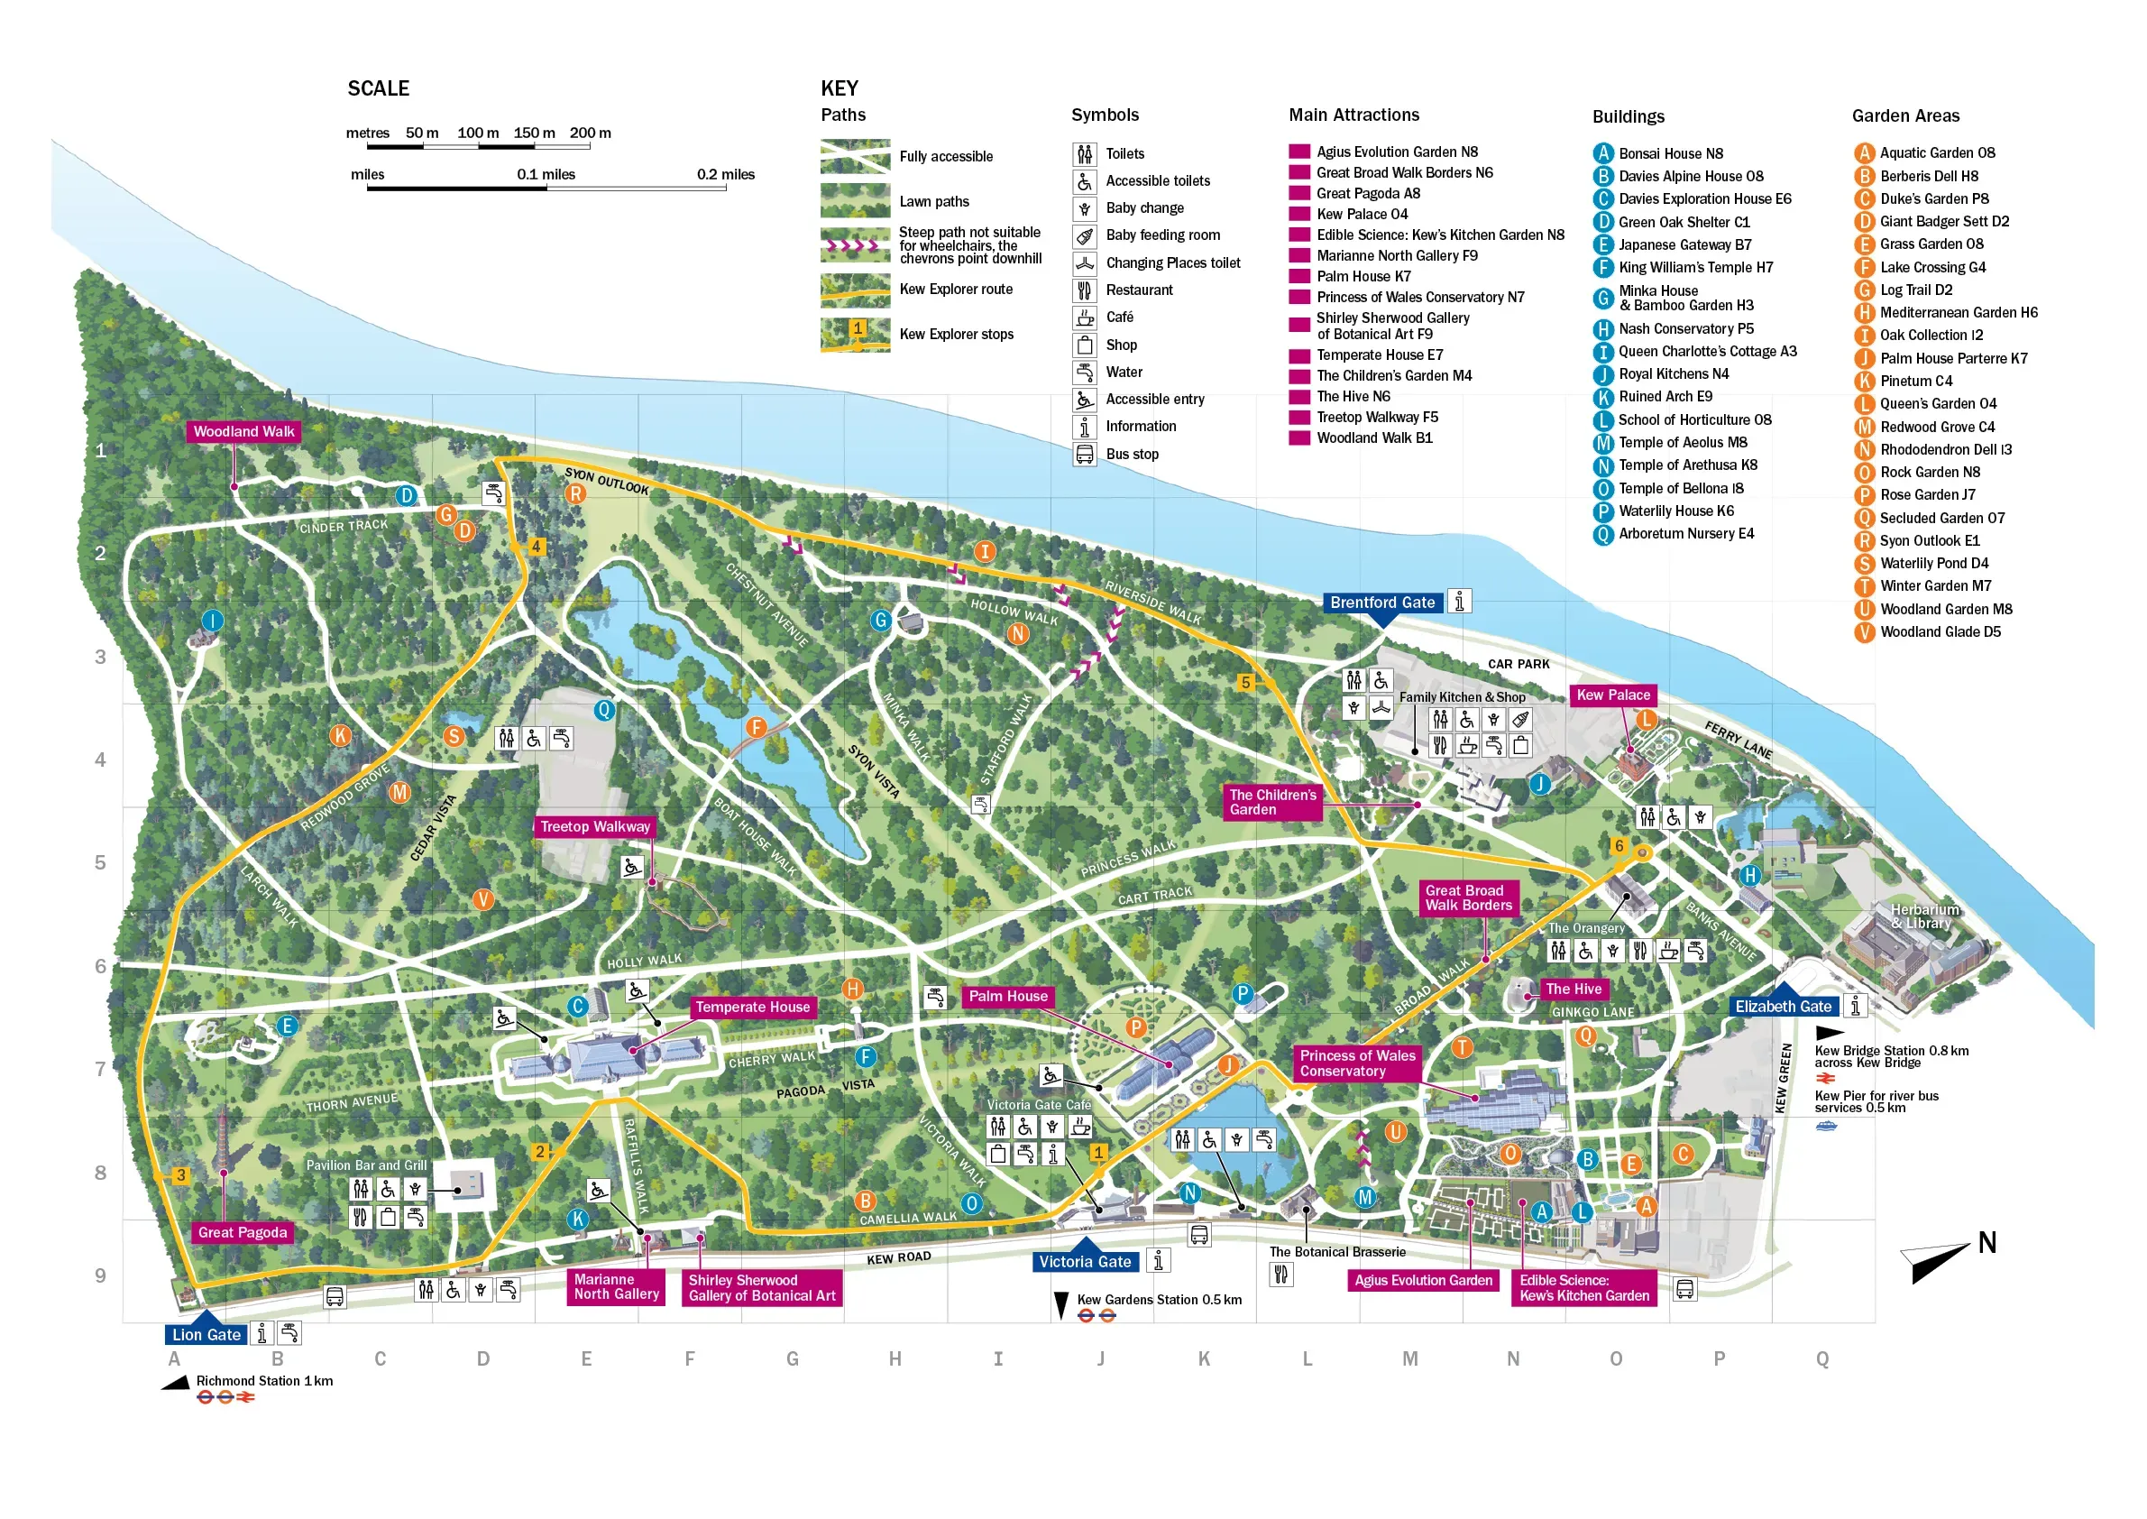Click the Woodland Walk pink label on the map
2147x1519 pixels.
pyautogui.click(x=243, y=431)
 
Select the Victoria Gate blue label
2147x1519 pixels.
pyautogui.click(x=1085, y=1262)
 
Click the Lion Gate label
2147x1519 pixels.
pyautogui.click(x=206, y=1335)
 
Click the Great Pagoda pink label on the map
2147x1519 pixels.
pyautogui.click(x=243, y=1233)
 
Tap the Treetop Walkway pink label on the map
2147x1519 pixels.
pyautogui.click(x=595, y=827)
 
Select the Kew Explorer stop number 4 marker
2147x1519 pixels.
pyautogui.click(x=536, y=547)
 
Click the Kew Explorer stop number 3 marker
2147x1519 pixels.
pyautogui.click(x=180, y=1175)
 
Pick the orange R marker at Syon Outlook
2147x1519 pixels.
pyautogui.click(x=576, y=494)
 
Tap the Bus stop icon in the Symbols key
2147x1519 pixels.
pyautogui.click(x=1085, y=455)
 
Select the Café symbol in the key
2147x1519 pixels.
pyautogui.click(x=1085, y=318)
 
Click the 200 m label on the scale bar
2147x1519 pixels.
pyautogui.click(x=590, y=133)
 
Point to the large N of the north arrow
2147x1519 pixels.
pyautogui.click(x=1986, y=1243)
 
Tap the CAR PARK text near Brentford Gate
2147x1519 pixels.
pyautogui.click(x=1518, y=664)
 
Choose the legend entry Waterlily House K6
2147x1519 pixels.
pyautogui.click(x=1675, y=511)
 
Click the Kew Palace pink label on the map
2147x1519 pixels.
pyautogui.click(x=1612, y=695)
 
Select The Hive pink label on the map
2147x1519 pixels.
pyautogui.click(x=1573, y=989)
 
